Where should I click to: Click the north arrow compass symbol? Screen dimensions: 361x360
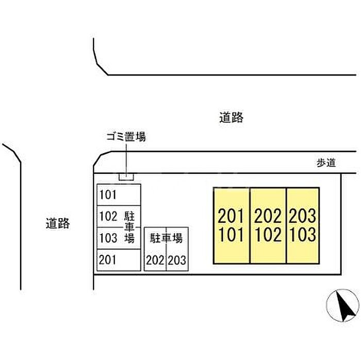coord(343,305)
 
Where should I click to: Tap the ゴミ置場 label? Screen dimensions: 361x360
coord(126,137)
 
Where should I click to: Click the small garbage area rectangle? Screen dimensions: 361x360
coord(126,177)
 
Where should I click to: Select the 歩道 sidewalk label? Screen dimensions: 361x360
coord(326,163)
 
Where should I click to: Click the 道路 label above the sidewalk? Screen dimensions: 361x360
coord(231,117)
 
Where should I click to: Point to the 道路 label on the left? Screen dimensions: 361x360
coord(58,223)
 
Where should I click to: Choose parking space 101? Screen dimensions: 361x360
coord(119,195)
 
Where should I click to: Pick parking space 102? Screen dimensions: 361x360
coord(119,216)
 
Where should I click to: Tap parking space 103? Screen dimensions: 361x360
coord(119,238)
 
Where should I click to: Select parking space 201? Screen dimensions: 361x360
coord(119,260)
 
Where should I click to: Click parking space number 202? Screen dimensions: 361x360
coord(155,260)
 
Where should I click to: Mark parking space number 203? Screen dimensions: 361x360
coord(177,260)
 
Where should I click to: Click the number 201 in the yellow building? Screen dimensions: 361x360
coord(231,216)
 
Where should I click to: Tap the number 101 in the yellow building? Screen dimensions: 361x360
coord(231,235)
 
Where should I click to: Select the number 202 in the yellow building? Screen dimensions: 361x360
coord(268,216)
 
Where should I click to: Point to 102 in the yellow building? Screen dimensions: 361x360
coord(268,235)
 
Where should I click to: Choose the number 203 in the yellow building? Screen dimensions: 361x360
coord(303,216)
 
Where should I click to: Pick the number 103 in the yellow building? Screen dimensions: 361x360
coord(303,235)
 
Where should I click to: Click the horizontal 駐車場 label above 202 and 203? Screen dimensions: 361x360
coord(166,238)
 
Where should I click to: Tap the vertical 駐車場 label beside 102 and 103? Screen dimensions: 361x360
coord(129,227)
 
